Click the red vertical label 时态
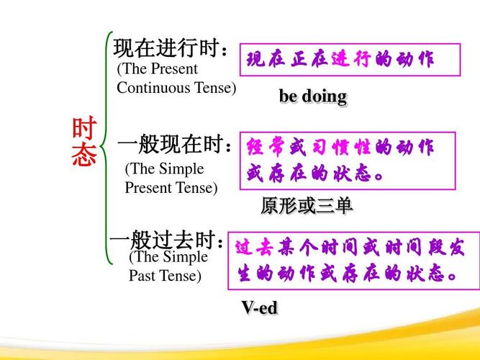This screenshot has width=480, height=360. [84, 142]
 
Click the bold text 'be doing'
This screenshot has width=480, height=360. [313, 96]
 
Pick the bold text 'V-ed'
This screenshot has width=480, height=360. [260, 307]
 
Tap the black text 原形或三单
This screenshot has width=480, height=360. [307, 206]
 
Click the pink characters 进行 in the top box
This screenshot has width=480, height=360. [351, 59]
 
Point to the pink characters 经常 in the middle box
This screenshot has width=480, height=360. [266, 148]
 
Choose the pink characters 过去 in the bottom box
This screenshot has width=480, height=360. [255, 247]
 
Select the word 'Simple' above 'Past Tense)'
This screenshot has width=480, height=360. [186, 257]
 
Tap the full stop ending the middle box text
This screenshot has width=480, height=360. [379, 176]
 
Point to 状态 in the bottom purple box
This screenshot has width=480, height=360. [425, 273]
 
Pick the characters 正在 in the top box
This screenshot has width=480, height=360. [309, 59]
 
